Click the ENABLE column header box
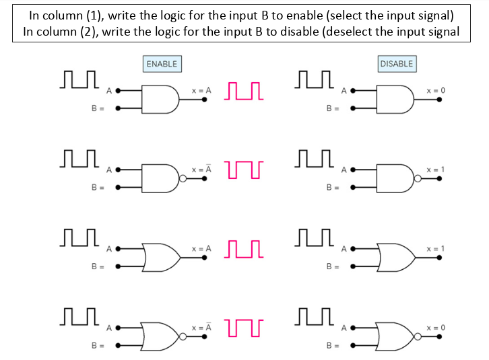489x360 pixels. (162, 64)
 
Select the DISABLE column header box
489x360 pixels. (396, 64)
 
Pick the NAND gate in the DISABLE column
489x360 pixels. (395, 178)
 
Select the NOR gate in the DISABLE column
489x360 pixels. (395, 336)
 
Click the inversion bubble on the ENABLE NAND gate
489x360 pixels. (183, 178)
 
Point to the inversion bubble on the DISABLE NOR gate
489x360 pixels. (417, 336)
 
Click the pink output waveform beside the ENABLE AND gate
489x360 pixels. (244, 91)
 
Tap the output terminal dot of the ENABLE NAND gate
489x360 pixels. (205, 178)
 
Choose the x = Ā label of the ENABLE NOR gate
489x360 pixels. (201, 327)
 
